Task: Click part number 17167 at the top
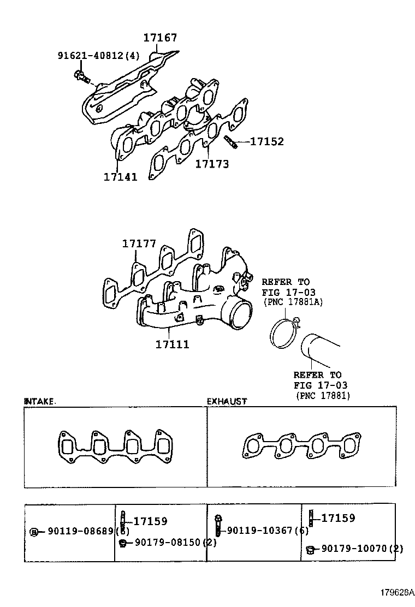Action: [160, 38]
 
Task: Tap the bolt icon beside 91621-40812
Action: [82, 78]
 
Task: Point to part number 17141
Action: [120, 176]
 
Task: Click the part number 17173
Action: [212, 164]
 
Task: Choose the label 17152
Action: [267, 142]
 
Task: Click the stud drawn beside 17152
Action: [230, 142]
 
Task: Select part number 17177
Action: [139, 244]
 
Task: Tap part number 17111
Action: [172, 344]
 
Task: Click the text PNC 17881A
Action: [292, 301]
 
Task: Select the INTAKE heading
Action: [39, 401]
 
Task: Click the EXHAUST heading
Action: [227, 401]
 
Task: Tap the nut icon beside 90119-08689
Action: [34, 532]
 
